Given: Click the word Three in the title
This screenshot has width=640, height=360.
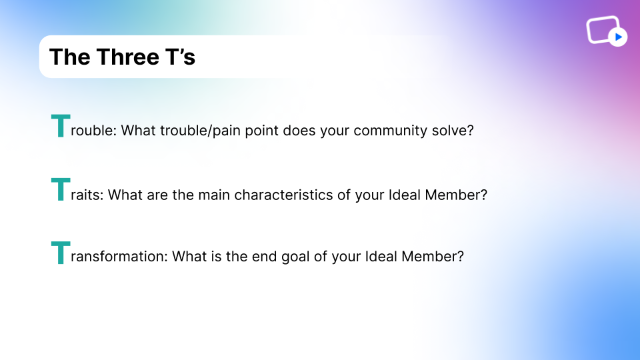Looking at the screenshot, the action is [128, 57].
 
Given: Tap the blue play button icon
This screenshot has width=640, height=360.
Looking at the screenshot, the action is [618, 37].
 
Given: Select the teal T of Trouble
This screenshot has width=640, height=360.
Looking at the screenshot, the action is [61, 126].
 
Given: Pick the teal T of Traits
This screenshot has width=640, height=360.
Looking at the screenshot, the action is [61, 189].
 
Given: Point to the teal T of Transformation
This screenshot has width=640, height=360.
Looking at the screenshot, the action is [61, 253].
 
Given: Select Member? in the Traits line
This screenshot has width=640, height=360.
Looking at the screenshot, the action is [456, 195].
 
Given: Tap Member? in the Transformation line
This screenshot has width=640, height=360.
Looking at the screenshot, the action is [433, 256].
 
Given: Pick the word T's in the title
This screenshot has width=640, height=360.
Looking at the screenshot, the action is [180, 57].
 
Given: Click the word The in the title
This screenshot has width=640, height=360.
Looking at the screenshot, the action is [70, 57].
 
